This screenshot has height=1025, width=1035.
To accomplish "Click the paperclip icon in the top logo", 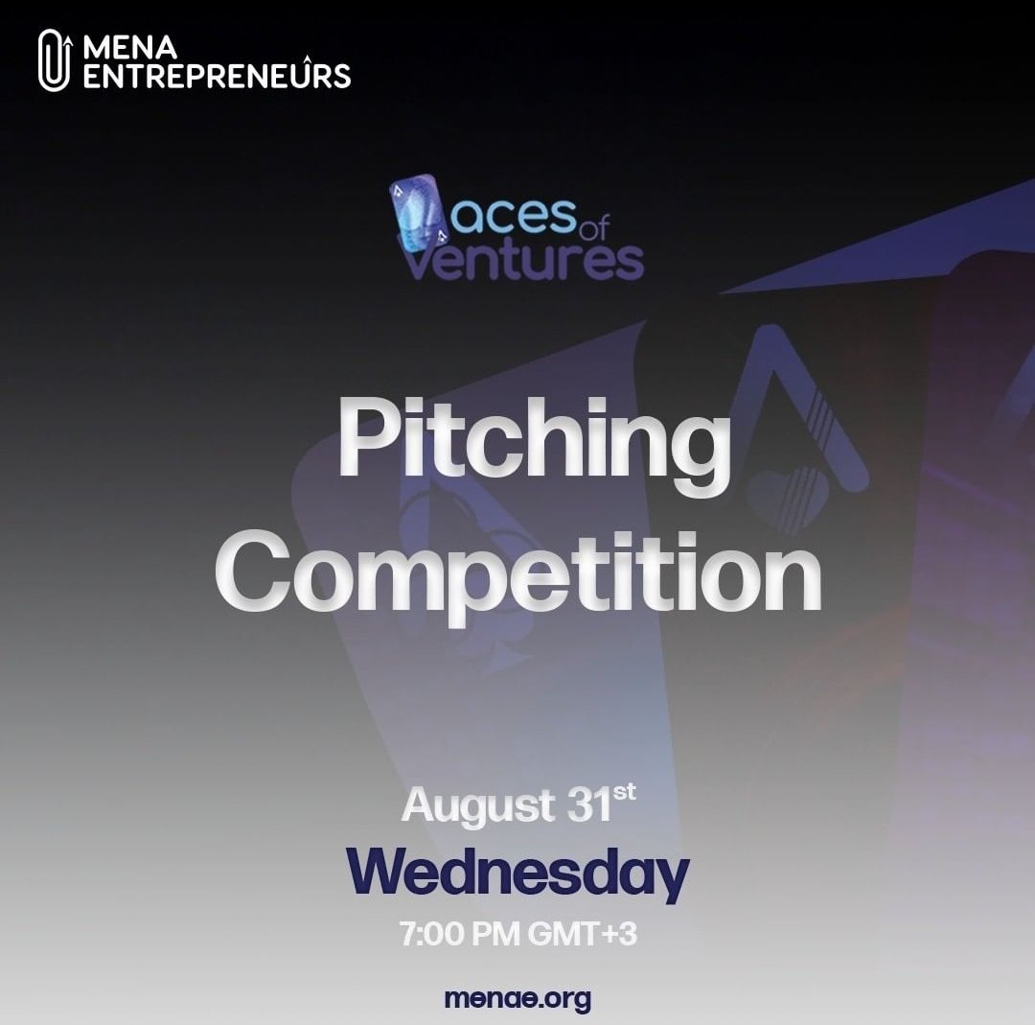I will pos(56,60).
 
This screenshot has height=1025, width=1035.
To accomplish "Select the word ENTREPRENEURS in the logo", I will pos(217,76).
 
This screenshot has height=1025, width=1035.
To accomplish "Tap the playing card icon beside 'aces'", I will pos(416,221).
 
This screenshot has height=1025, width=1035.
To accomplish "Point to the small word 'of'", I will pos(595,229).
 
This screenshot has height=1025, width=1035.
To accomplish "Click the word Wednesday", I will pos(517,874).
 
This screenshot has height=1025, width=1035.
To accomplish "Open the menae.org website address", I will pos(517,998).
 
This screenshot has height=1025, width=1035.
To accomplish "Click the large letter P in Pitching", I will pos(366,441).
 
